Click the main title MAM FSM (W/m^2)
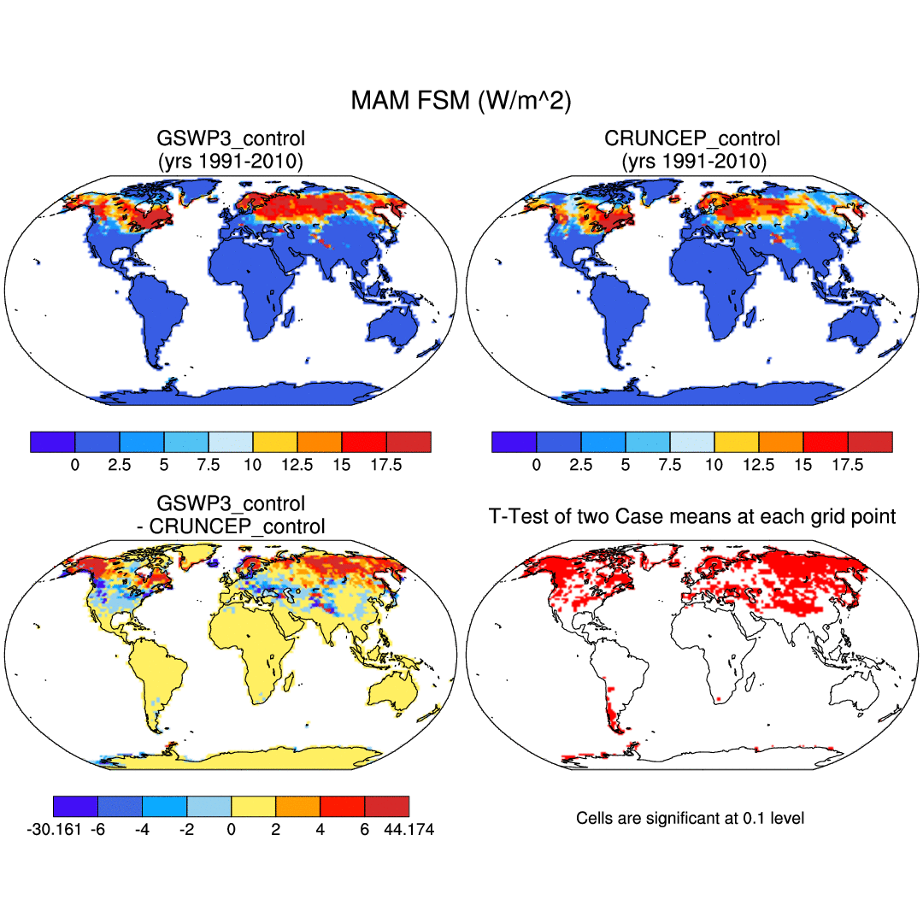tap(461, 101)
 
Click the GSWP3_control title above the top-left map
tap(230, 138)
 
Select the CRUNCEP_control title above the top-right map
tap(691, 138)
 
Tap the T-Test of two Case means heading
tap(691, 516)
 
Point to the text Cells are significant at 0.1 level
tap(690, 818)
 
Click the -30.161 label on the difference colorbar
tap(55, 830)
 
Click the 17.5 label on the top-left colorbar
tap(386, 465)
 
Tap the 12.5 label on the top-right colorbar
tap(759, 465)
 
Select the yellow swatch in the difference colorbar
tap(253, 806)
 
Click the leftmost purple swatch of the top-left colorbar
tap(53, 442)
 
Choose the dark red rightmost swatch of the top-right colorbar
tap(870, 442)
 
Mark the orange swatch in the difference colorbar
tap(297, 806)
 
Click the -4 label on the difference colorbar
tap(142, 830)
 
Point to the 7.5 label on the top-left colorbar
tap(209, 465)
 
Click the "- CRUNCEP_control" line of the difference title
tap(230, 526)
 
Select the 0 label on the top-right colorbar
tap(537, 465)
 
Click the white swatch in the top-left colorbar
tap(231, 442)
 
